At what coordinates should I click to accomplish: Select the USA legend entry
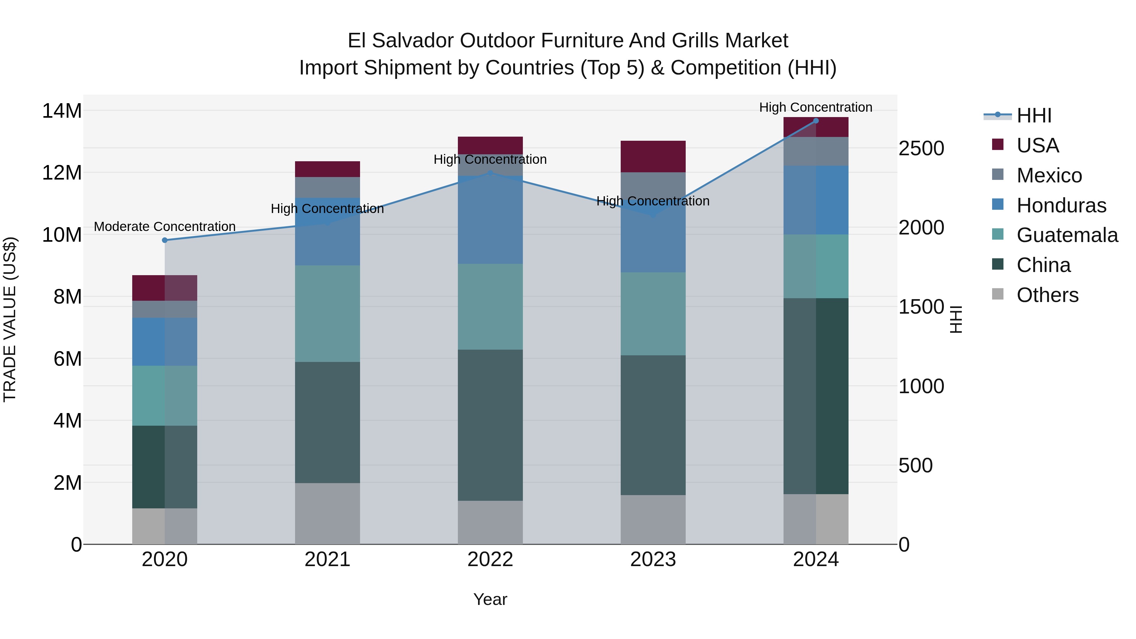tap(1037, 145)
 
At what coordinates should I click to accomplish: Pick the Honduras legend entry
tap(1061, 205)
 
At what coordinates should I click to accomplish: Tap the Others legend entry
tap(1047, 295)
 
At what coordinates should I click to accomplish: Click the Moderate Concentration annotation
tap(164, 227)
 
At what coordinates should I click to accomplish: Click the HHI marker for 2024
tap(816, 121)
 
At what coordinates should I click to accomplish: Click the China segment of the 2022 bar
tap(490, 425)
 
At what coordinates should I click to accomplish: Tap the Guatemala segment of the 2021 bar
tap(327, 314)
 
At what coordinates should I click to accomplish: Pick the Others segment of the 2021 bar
tap(327, 514)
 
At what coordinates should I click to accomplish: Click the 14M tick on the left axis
tap(62, 111)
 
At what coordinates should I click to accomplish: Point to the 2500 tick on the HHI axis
tap(921, 149)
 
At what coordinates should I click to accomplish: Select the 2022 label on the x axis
tap(490, 559)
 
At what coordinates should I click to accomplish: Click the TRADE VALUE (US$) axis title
tap(10, 319)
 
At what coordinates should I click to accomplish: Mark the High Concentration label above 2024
tap(815, 108)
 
